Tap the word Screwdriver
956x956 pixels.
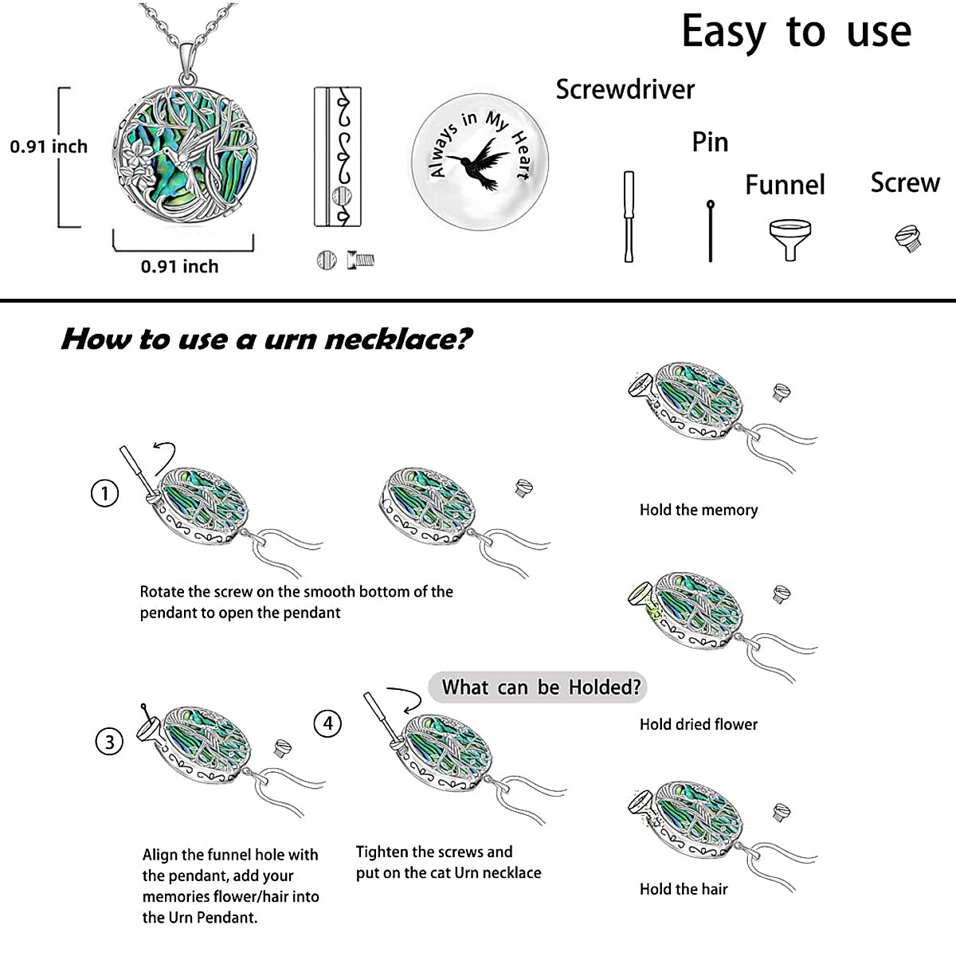pyautogui.click(x=625, y=90)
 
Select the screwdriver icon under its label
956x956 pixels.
pyautogui.click(x=629, y=216)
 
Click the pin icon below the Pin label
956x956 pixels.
pyautogui.click(x=710, y=231)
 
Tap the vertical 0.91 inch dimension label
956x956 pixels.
pyautogui.click(x=49, y=147)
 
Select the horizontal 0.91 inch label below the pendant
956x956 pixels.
pyautogui.click(x=179, y=267)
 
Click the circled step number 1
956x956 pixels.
pyautogui.click(x=104, y=493)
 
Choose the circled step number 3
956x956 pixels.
pyautogui.click(x=110, y=742)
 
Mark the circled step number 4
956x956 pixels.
pyautogui.click(x=327, y=723)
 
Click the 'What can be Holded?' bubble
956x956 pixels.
pyautogui.click(x=540, y=687)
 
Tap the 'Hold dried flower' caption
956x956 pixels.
pyautogui.click(x=698, y=724)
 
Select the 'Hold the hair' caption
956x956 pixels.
pyautogui.click(x=684, y=889)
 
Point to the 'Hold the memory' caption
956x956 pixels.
pyautogui.click(x=698, y=510)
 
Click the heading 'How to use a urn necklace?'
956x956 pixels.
pyautogui.click(x=267, y=339)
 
